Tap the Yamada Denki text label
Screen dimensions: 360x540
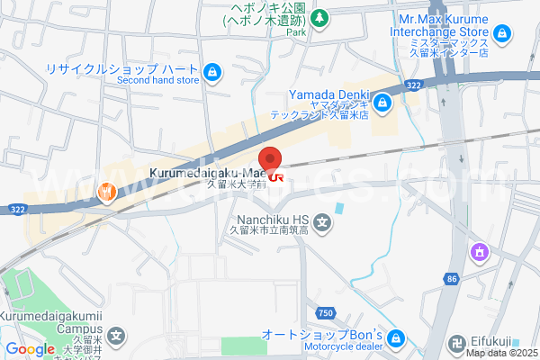[326, 95]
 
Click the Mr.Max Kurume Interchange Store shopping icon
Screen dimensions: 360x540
[502, 35]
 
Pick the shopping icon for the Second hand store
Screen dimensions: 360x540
[211, 71]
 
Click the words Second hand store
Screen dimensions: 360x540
[158, 80]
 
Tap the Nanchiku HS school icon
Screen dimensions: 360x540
[322, 220]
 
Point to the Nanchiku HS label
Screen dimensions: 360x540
[273, 219]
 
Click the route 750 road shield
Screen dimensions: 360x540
[326, 311]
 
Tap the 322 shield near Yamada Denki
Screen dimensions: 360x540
[413, 85]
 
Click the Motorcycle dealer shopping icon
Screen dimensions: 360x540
[399, 340]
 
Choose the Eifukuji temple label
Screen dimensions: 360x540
[493, 341]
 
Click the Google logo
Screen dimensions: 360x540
[30, 349]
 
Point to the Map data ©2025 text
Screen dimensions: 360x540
[500, 353]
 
